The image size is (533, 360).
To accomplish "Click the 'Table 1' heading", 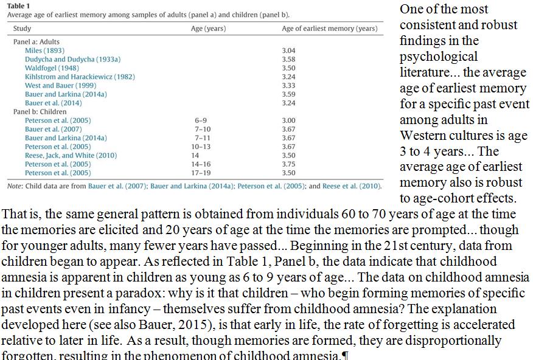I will pyautogui.click(x=18, y=5).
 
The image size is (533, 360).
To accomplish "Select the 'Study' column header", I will pyautogui.click(x=21, y=29).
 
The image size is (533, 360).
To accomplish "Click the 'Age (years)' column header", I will pyautogui.click(x=208, y=29).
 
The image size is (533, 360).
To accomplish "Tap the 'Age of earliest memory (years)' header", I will pyautogui.click(x=329, y=29).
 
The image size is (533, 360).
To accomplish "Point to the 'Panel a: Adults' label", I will pyautogui.click(x=37, y=42).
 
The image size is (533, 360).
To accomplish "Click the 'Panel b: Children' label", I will pyautogui.click(x=40, y=112).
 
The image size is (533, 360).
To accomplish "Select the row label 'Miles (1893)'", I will pyautogui.click(x=44, y=50).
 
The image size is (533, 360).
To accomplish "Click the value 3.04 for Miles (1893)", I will pyautogui.click(x=288, y=50).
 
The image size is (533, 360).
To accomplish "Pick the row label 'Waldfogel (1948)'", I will pyautogui.click(x=52, y=68).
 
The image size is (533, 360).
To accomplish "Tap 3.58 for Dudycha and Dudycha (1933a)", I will pyautogui.click(x=288, y=60).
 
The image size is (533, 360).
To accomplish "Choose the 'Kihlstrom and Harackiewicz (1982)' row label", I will pyautogui.click(x=80, y=77).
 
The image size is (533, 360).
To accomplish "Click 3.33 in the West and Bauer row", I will pyautogui.click(x=288, y=86).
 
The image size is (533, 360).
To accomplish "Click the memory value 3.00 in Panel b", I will pyautogui.click(x=288, y=120).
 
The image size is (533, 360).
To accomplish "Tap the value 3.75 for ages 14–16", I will pyautogui.click(x=288, y=164).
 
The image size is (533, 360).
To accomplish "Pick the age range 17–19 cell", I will pyautogui.click(x=201, y=173).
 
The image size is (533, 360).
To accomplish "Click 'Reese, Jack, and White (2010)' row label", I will pyautogui.click(x=71, y=156).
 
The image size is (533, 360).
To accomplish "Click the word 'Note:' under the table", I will pyautogui.click(x=15, y=186).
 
